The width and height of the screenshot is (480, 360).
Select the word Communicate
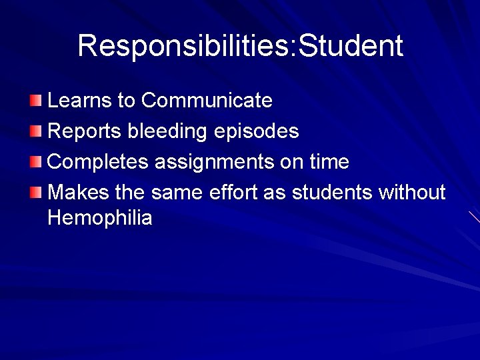pyautogui.click(x=207, y=101)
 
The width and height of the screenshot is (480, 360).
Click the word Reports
pyautogui.click(x=85, y=131)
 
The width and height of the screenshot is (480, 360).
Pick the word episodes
pyautogui.click(x=257, y=131)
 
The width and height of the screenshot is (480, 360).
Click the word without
pyautogui.click(x=411, y=193)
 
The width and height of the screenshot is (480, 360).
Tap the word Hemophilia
pyautogui.click(x=100, y=217)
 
